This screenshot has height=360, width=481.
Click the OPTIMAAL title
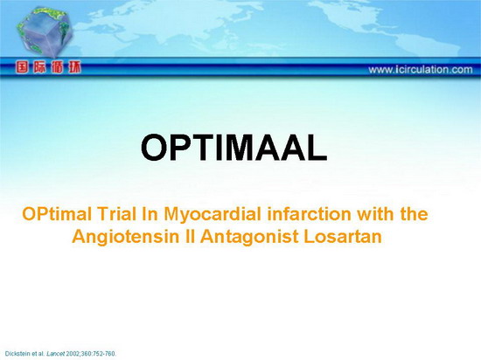click(234, 148)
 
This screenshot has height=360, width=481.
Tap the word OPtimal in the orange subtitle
click(57, 214)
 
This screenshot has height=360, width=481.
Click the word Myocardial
click(213, 214)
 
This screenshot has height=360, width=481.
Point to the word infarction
click(309, 214)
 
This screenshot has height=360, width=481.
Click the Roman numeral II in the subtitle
click(190, 237)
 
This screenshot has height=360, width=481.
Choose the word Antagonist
click(249, 237)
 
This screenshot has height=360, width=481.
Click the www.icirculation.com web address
click(421, 70)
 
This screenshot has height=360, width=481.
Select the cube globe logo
click(45, 32)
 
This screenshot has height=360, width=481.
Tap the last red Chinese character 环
click(74, 67)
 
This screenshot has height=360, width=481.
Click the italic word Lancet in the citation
click(52, 354)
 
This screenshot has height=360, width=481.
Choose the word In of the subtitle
click(150, 214)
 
